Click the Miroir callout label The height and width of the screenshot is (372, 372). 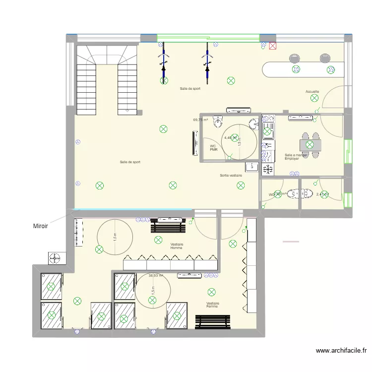tap(40, 226)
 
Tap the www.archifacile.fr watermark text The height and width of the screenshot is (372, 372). tap(341, 351)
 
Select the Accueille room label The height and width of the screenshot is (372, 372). tap(312, 92)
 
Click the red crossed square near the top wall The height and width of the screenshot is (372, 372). tap(273, 46)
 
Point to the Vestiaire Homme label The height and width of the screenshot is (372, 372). tap(176, 246)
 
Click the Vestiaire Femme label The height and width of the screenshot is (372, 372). tap(213, 305)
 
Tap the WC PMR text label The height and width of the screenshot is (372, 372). tap(213, 148)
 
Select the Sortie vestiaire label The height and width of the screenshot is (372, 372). tap(231, 176)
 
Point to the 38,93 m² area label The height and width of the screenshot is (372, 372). tap(156, 276)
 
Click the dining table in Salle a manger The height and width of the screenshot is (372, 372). tap(310, 144)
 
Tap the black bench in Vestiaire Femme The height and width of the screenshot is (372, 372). tap(213, 322)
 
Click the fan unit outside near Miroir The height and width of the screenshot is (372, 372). tap(55, 258)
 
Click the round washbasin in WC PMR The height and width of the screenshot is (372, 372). tap(253, 124)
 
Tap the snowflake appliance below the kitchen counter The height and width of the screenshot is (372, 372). tap(267, 169)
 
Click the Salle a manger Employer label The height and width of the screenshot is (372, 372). tap(296, 156)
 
